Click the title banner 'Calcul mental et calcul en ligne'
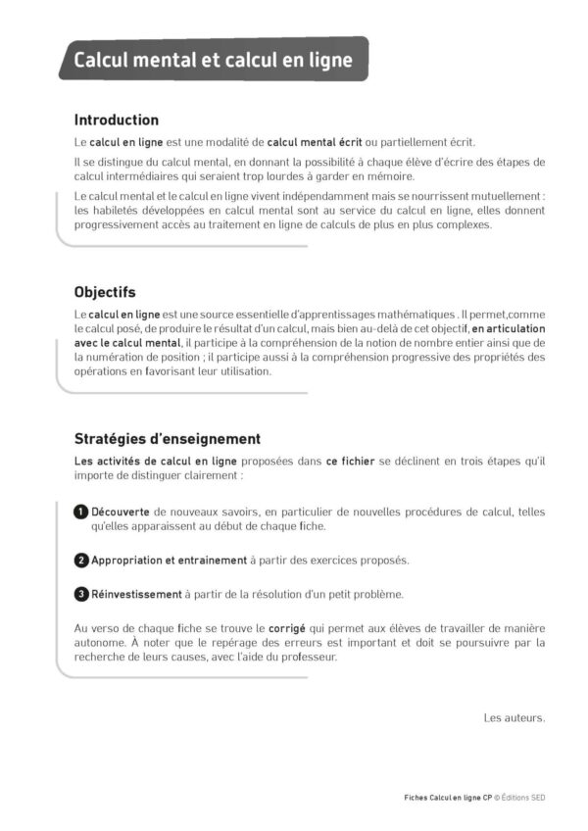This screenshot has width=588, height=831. click(x=214, y=61)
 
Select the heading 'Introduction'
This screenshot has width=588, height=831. click(x=116, y=120)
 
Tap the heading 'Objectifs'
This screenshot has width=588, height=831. click(x=105, y=292)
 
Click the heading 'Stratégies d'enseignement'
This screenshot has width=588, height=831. click(x=167, y=439)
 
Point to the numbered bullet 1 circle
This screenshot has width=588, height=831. click(x=81, y=512)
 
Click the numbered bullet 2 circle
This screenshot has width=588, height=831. click(x=81, y=561)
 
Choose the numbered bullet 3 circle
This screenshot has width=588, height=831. click(x=81, y=594)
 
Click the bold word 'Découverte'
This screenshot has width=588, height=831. click(x=121, y=512)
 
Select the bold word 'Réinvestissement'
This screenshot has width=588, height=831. click(x=137, y=594)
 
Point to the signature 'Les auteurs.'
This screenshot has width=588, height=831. click(x=514, y=718)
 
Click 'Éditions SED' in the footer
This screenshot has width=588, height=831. click(x=523, y=798)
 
